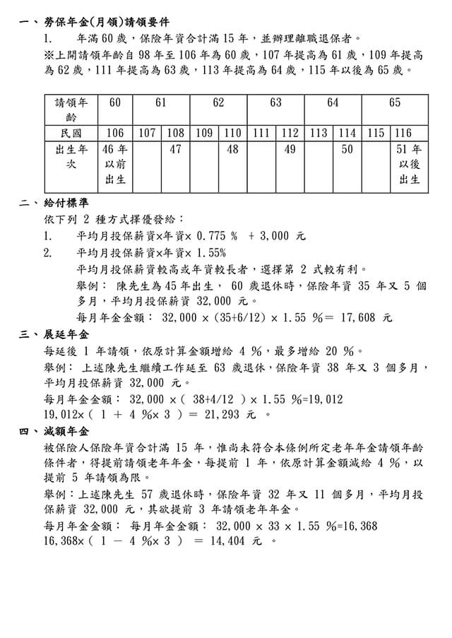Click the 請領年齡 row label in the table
[71, 110]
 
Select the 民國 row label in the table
[71, 133]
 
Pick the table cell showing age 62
[218, 103]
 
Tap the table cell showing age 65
[394, 103]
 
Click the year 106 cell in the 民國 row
[115, 133]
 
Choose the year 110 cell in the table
[232, 133]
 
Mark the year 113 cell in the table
[319, 133]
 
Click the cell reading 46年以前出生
[115, 165]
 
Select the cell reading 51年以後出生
[409, 165]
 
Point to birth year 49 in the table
[290, 150]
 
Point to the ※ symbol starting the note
[48, 54]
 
